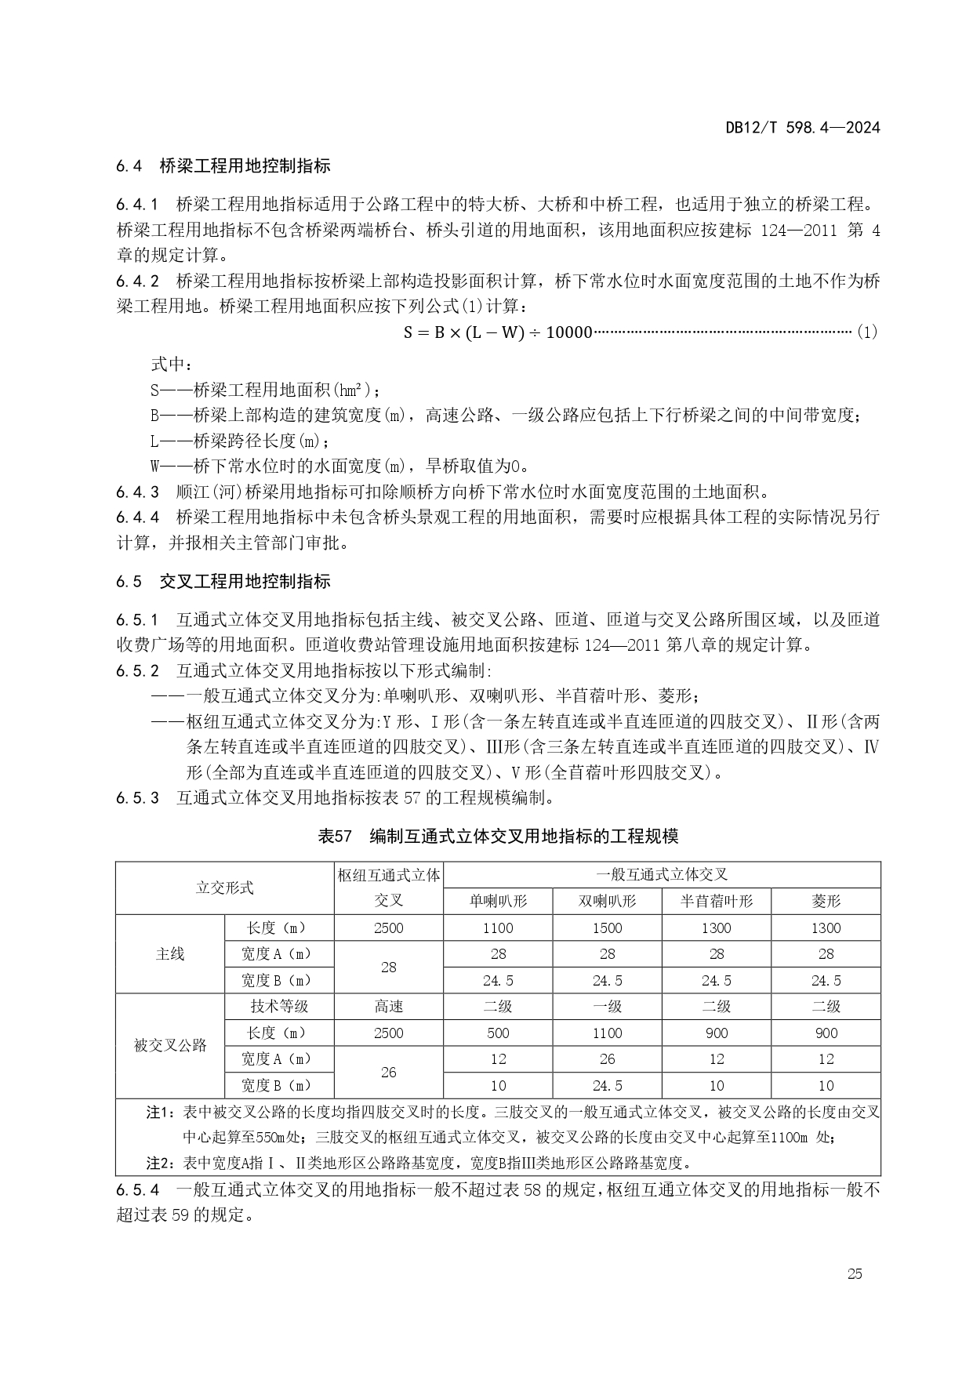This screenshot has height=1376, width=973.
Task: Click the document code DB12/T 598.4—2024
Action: pos(802,127)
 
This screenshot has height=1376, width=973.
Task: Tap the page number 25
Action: pos(855,1274)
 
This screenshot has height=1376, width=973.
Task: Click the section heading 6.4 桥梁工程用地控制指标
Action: pos(223,166)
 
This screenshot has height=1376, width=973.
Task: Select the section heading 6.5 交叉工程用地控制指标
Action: pos(223,582)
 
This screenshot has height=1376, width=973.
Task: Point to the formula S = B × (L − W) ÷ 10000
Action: pos(498,332)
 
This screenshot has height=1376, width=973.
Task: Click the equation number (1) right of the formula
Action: pos(867,332)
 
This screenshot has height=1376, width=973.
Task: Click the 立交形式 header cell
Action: pos(224,888)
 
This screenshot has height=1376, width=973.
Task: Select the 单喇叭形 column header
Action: pos(498,901)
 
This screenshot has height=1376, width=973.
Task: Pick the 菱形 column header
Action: pos(826,901)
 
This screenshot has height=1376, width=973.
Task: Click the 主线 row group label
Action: pos(170,953)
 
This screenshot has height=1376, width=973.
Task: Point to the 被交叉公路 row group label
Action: pos(170,1046)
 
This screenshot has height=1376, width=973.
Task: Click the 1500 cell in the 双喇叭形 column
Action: pos(607,928)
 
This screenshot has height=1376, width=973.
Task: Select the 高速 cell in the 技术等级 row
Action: pos(389,1007)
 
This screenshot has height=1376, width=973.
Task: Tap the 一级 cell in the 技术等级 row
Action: pos(607,1007)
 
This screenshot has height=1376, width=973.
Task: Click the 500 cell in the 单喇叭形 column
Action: pos(498,1033)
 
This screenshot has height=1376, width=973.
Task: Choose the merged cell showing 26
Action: pos(389,1072)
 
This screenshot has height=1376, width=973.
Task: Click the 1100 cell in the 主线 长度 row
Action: pos(498,928)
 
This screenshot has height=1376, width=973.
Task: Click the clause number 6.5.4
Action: pos(138,1190)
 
